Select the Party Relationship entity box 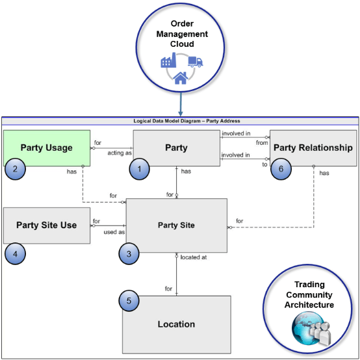pos(313,148)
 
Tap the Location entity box pos(176,324)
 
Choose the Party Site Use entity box pos(46,225)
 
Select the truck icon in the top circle pos(194,62)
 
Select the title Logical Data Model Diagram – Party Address pos(180,121)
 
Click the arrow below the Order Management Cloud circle pos(180,107)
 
